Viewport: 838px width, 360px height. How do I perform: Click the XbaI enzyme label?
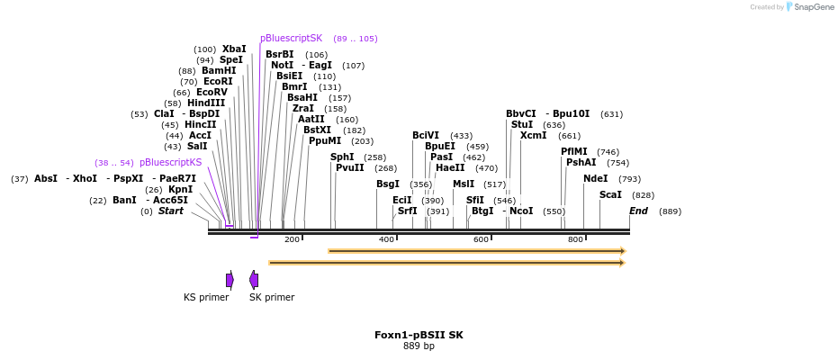(x=234, y=49)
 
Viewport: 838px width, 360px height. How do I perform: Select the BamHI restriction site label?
(x=219, y=70)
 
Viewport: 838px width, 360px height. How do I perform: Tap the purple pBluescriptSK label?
(x=291, y=39)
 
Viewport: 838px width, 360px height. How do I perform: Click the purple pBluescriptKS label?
(x=170, y=163)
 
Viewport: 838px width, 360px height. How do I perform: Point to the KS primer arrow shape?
(x=230, y=280)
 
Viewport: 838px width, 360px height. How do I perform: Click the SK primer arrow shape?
(x=254, y=280)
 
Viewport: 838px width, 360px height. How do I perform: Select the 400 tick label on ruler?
(x=387, y=239)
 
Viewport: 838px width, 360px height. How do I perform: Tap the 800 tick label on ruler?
(x=575, y=239)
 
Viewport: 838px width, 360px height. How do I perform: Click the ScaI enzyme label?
(x=610, y=194)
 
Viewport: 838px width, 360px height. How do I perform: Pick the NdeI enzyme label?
(x=595, y=178)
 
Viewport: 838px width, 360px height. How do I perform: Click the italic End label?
(x=638, y=211)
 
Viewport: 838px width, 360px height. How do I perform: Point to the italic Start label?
(x=171, y=211)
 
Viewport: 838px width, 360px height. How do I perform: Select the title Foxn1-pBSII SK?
(x=419, y=335)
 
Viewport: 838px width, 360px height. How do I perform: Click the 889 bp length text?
(x=419, y=346)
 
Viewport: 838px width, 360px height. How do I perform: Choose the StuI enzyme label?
(x=522, y=124)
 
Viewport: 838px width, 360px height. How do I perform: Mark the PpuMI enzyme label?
(x=325, y=140)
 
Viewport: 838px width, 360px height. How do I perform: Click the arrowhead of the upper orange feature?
(x=621, y=251)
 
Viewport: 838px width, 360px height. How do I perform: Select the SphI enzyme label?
(x=342, y=157)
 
